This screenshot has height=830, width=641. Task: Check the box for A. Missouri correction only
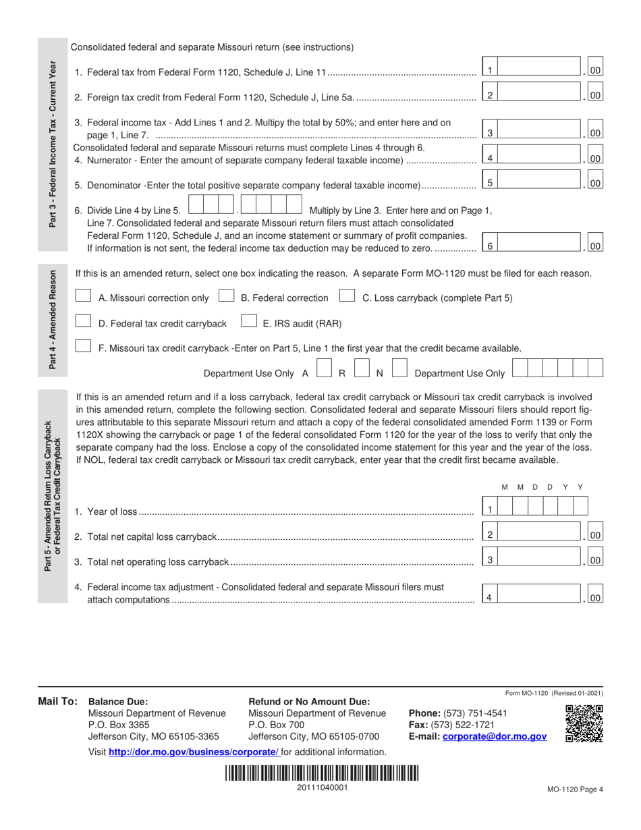[84, 297]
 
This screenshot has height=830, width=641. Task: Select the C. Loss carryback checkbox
[347, 297]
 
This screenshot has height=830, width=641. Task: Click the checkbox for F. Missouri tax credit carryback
[84, 347]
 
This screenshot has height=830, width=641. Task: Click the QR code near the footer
[584, 724]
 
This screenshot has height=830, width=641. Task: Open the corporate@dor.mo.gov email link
[494, 738]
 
